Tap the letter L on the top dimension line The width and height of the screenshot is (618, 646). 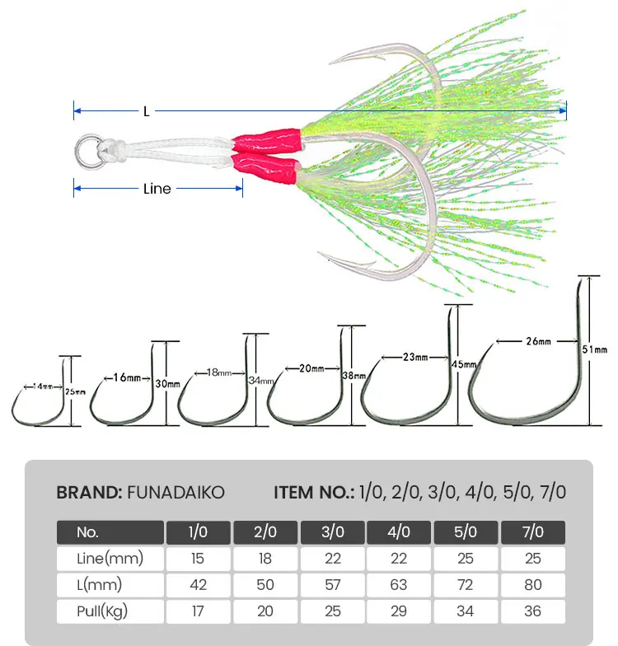tap(146, 111)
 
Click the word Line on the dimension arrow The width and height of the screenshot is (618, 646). tap(157, 189)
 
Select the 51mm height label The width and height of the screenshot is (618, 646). tap(595, 349)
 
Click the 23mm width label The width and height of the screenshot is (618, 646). tap(415, 358)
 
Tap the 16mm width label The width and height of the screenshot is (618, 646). tap(129, 378)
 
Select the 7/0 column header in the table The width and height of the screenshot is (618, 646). tap(532, 531)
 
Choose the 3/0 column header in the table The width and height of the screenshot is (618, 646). tap(332, 531)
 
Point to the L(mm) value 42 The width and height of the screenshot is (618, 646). tap(198, 585)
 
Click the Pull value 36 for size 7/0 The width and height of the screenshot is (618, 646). tap(532, 611)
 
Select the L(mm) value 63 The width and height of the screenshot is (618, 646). tap(399, 585)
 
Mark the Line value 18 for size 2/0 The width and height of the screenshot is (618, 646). tap(265, 559)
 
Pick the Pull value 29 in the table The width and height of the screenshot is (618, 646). tap(399, 611)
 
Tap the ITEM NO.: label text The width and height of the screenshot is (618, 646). tap(314, 493)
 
